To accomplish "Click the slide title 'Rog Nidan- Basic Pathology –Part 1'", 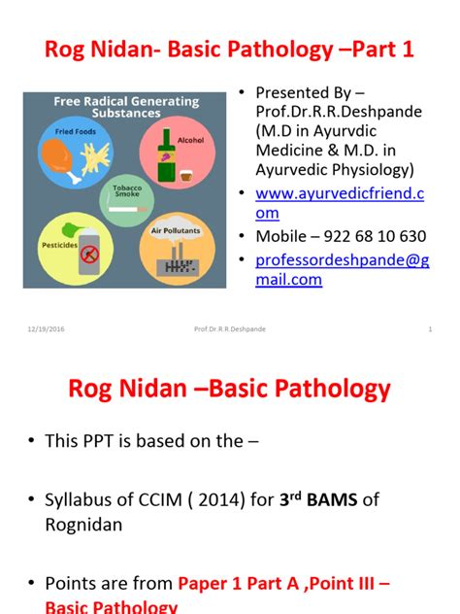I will pos(230,49).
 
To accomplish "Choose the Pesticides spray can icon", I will pos(89,256).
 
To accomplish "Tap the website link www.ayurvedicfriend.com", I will pos(340,203).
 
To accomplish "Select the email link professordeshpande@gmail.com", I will pos(340,269).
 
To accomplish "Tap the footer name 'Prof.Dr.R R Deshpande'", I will pos(229,329).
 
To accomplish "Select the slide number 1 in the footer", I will pos(430,329).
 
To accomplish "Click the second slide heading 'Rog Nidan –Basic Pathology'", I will pos(229,390).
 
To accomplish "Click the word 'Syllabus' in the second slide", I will pos(79,500).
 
